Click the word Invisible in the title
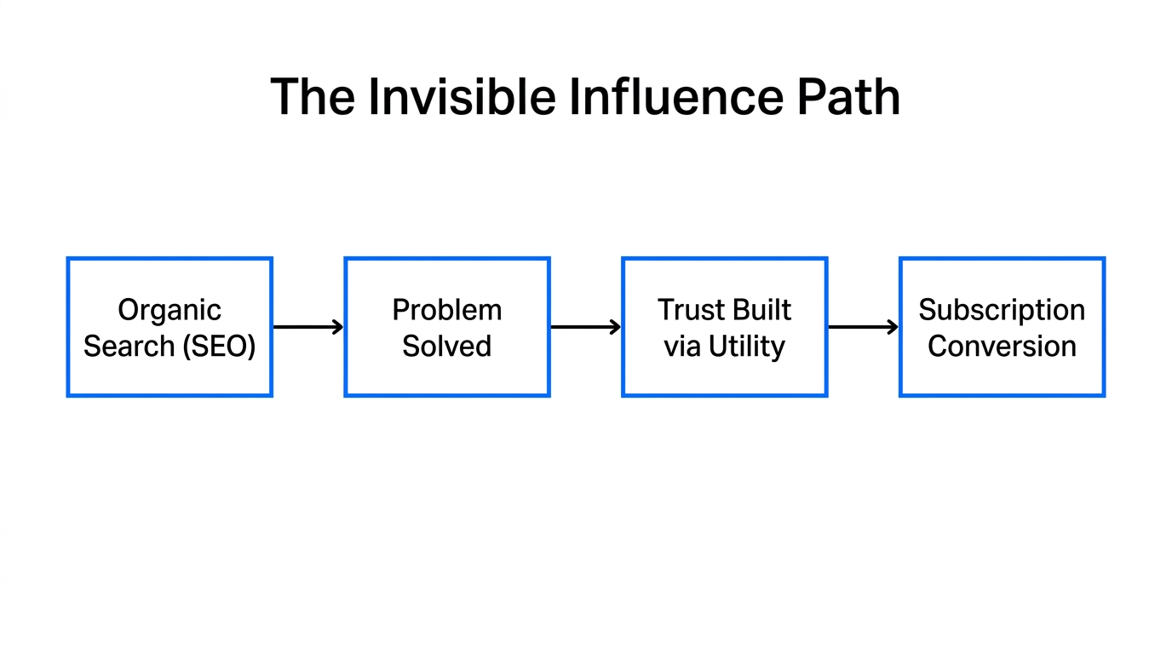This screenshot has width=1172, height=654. pyautogui.click(x=461, y=96)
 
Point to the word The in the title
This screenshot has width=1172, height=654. pyautogui.click(x=312, y=96)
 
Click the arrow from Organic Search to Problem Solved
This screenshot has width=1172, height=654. pyautogui.click(x=308, y=327)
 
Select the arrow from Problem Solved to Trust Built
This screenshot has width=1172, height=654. pyautogui.click(x=586, y=327)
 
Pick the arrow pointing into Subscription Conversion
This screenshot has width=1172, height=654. pyautogui.click(x=864, y=327)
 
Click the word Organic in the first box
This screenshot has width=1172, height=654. pyautogui.click(x=169, y=310)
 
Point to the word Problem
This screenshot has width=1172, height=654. pyautogui.click(x=447, y=310)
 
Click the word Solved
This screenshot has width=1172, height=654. pyautogui.click(x=447, y=347)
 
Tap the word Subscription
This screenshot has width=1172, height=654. pyautogui.click(x=1002, y=310)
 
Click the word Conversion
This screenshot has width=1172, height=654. pyautogui.click(x=1002, y=347)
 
